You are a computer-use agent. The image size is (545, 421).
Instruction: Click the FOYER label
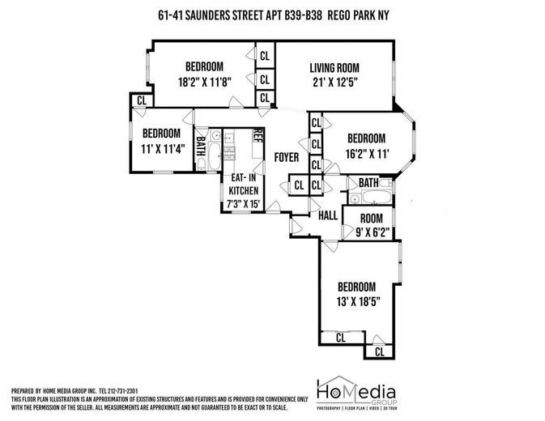(x=286, y=156)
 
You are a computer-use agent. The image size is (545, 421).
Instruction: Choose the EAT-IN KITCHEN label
(x=244, y=183)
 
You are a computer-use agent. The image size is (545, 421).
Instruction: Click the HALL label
(x=327, y=216)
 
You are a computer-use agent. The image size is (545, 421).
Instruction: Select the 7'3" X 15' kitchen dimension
(x=244, y=204)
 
